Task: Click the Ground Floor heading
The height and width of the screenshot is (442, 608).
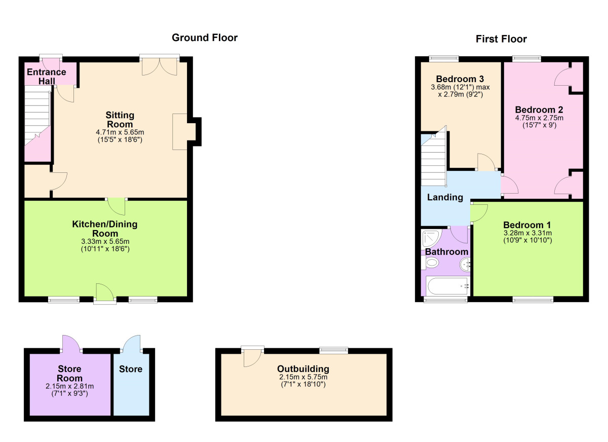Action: click(205, 38)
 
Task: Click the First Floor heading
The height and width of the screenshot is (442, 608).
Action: click(501, 39)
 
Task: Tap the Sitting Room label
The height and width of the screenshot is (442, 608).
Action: click(120, 120)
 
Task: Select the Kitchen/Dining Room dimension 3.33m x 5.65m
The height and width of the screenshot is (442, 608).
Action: click(105, 241)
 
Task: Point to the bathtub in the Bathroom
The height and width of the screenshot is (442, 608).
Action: click(447, 286)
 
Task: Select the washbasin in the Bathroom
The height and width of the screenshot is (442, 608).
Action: click(465, 265)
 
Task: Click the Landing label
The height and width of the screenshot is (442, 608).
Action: click(445, 197)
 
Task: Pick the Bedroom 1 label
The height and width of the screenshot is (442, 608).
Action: click(527, 225)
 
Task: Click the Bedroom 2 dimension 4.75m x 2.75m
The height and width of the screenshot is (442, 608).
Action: click(539, 118)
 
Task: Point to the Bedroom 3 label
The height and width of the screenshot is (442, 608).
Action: click(460, 79)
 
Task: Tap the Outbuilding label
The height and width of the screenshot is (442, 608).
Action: click(303, 369)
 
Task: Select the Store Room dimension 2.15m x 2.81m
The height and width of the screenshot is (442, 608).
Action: click(70, 386)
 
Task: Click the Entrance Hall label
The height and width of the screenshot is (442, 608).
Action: click(47, 77)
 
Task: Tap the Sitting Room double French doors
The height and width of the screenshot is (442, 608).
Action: click(160, 65)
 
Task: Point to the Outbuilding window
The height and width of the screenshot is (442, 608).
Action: click(333, 350)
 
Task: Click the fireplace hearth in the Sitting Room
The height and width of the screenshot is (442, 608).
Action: click(180, 132)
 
